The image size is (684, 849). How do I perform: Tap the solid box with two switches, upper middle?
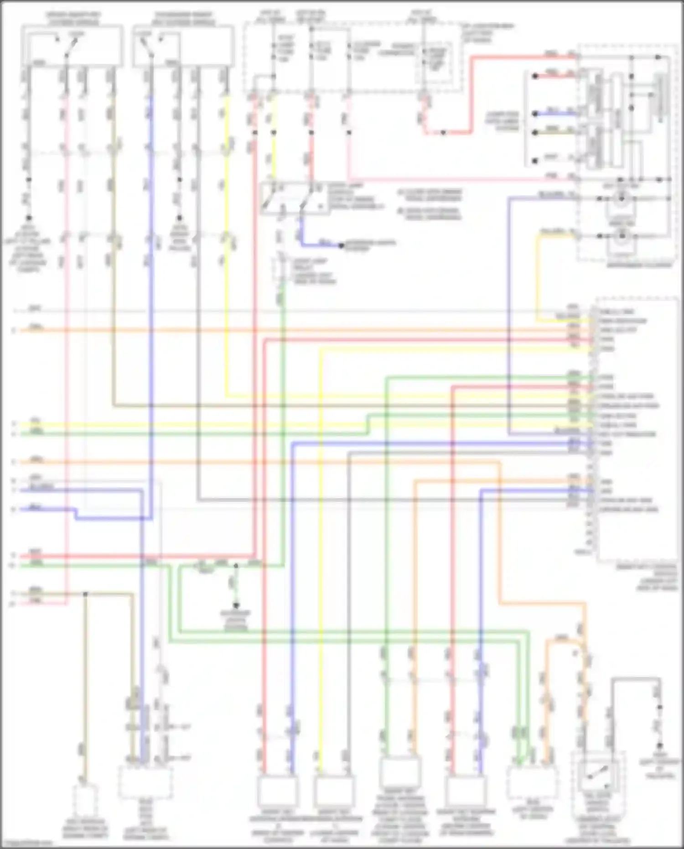(x=295, y=198)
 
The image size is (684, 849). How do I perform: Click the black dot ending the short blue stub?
(x=341, y=245)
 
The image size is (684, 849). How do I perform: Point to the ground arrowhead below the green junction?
(x=236, y=606)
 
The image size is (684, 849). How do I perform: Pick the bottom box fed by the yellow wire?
(x=333, y=790)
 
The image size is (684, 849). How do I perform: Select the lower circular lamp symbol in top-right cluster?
(x=620, y=236)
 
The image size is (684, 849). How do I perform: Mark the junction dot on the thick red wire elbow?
(x=443, y=133)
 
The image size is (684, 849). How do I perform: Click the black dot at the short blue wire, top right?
(x=535, y=114)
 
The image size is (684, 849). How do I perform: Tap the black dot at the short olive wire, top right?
(x=535, y=133)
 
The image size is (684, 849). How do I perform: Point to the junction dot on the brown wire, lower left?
(x=85, y=594)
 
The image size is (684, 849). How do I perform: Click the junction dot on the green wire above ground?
(x=236, y=566)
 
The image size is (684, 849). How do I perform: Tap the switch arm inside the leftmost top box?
(x=71, y=47)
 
